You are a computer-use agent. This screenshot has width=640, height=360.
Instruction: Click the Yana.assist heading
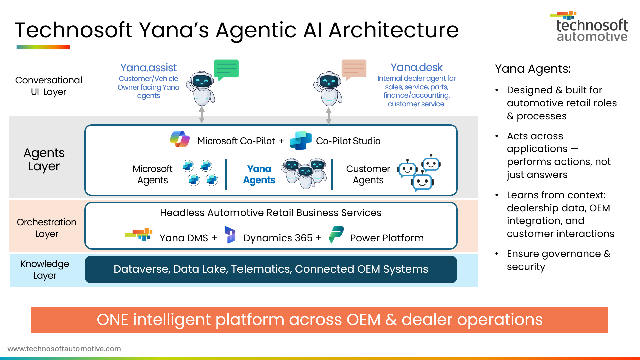coord(148,68)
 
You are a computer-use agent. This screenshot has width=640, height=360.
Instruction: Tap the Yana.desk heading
coord(417,68)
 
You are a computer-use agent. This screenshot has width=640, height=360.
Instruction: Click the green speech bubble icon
coord(226,69)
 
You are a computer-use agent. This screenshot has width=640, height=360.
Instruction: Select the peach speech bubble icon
coord(354,69)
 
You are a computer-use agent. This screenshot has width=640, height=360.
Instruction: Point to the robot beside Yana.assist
coord(201,89)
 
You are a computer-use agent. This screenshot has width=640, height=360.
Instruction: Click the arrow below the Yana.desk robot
coord(329,116)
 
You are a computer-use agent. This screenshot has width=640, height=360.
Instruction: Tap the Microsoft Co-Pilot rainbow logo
coord(180,139)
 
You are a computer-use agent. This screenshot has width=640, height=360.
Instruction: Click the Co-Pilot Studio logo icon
coord(300,140)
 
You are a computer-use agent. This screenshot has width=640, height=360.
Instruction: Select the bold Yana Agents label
coord(259,174)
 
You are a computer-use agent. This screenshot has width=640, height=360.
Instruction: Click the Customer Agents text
coord(368,174)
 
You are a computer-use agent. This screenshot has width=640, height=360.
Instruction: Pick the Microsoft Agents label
coord(152,174)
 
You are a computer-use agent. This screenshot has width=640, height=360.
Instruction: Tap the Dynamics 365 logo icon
coord(230,235)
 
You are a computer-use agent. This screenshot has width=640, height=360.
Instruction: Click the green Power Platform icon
coord(336,235)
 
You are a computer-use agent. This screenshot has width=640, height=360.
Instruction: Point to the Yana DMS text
coord(184,238)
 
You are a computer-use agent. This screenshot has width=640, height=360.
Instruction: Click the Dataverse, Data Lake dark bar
coord(271,269)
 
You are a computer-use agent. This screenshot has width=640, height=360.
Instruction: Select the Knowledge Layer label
coord(45,270)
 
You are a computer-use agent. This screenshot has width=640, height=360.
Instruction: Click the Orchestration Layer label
coord(47,228)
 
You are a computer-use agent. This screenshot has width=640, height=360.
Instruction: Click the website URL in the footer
coord(64,349)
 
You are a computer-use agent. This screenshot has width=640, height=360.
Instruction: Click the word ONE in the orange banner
coord(112,320)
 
